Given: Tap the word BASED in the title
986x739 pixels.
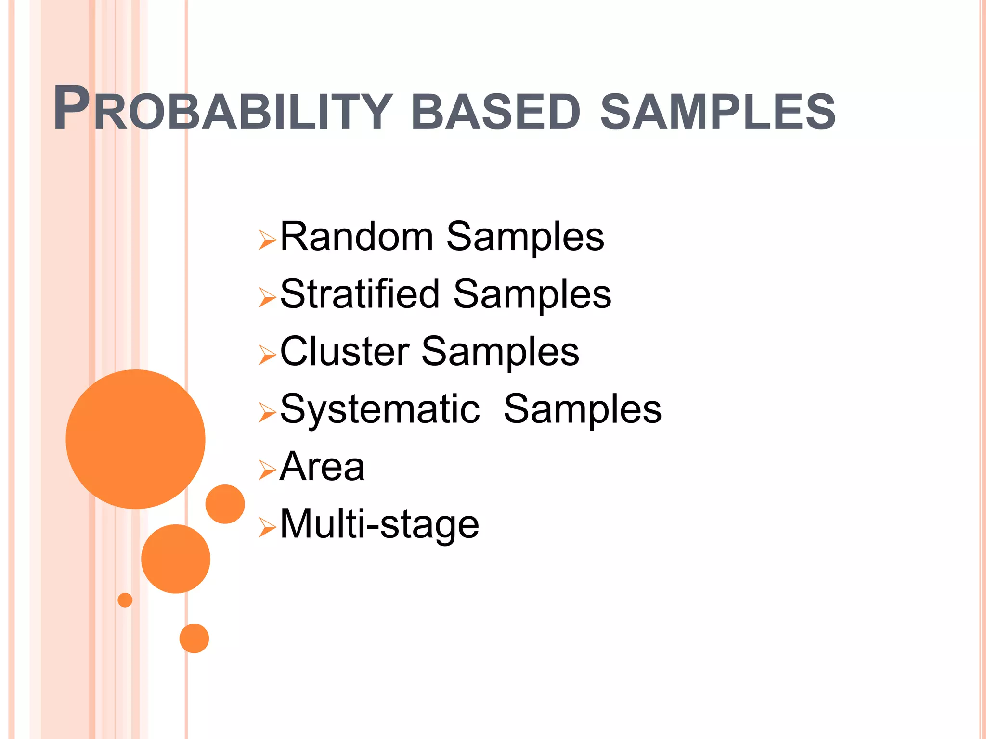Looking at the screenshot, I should click(496, 112).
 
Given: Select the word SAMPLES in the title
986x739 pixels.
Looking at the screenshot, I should click(718, 112).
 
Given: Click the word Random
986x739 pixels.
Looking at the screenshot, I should click(357, 237).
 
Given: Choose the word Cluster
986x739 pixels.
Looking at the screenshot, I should click(344, 351).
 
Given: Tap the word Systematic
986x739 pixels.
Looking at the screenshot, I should click(380, 409).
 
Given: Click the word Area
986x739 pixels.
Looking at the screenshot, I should click(322, 467).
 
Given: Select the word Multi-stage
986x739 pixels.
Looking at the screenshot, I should click(379, 524).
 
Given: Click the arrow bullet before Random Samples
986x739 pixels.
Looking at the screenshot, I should click(267, 240).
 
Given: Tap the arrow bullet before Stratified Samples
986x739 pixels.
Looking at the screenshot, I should click(267, 297).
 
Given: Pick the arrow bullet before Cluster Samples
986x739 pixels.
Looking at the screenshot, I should click(267, 355).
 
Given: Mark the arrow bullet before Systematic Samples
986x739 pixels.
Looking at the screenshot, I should click(267, 412).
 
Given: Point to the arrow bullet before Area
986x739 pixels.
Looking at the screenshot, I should click(267, 470).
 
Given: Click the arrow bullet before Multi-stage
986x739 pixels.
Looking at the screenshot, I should click(267, 528).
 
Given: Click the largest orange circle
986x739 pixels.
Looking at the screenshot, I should click(135, 439).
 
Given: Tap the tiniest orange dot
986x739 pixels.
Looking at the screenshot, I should click(125, 600).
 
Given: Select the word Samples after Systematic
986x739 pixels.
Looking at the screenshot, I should click(583, 409).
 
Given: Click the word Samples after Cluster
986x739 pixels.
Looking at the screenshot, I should click(500, 351).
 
